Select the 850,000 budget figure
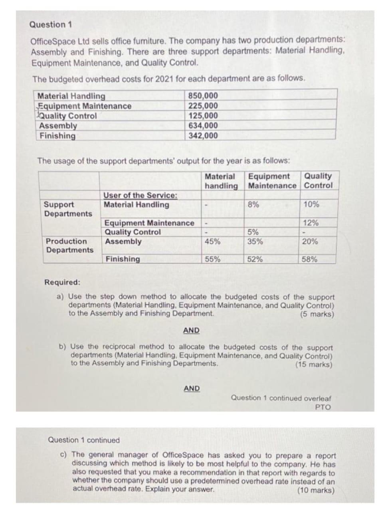203,96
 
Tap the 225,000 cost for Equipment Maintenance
203,106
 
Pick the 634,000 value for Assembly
203,126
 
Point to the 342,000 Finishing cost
203,136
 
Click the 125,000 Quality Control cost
203,116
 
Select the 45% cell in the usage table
212,242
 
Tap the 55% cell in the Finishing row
212,259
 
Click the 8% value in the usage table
252,204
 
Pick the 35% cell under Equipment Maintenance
255,242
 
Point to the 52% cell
255,259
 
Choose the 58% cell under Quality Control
310,259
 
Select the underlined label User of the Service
141,195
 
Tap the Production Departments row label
69,246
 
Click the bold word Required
62,282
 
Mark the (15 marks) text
314,364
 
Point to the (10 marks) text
316,490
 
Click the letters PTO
323,407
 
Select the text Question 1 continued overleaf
281,398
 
